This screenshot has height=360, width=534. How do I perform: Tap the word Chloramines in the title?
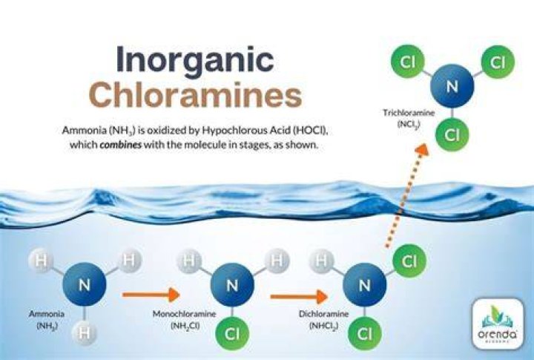coord(197,94)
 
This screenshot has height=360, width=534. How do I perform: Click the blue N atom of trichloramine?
coord(452,86)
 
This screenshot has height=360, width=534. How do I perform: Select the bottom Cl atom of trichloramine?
coord(452,134)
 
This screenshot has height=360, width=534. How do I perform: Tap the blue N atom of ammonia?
coord(84,284)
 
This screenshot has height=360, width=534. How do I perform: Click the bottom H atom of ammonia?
coord(84,332)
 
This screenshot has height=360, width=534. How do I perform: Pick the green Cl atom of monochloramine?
coord(232,334)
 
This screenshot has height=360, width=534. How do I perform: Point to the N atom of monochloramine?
coord(232,284)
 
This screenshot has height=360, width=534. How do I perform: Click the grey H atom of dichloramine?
coord(321,261)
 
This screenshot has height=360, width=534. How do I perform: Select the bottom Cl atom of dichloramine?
coord(364,334)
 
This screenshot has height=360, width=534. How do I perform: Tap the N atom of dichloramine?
coord(364,284)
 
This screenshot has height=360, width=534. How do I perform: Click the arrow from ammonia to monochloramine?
coord(151,295)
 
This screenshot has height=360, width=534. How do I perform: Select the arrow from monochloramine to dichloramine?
coord(299,296)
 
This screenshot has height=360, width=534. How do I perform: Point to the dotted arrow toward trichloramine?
coord(406,195)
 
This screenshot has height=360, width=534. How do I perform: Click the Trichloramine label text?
coord(409,113)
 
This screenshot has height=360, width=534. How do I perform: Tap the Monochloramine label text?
coord(184,314)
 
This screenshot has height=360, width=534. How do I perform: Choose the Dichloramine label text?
coord(323,314)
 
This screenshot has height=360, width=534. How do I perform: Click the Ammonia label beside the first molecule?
coord(47,314)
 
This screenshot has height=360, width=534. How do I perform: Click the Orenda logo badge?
coord(498,324)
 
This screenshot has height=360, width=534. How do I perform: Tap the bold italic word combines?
coord(121,145)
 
